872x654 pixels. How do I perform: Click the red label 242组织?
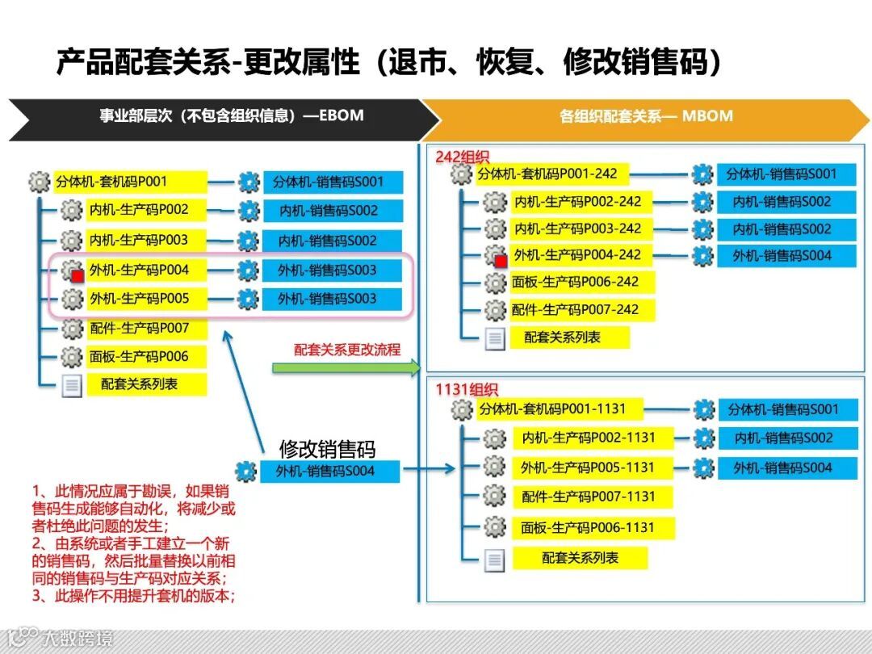[462, 156]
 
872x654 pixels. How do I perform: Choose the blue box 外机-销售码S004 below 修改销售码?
[329, 472]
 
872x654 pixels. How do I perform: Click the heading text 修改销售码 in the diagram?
[327, 450]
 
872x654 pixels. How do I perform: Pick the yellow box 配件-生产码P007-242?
[576, 309]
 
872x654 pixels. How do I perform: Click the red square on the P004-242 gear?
[501, 261]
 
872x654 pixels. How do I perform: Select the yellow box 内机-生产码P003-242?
[577, 228]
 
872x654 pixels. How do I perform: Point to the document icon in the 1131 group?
[495, 560]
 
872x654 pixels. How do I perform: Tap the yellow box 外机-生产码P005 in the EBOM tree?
[139, 299]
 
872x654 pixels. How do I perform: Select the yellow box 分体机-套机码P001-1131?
[551, 409]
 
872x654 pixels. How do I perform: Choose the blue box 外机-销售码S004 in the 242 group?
[782, 256]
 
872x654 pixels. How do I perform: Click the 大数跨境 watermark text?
[77, 639]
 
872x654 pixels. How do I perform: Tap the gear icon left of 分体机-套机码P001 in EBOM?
[39, 182]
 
